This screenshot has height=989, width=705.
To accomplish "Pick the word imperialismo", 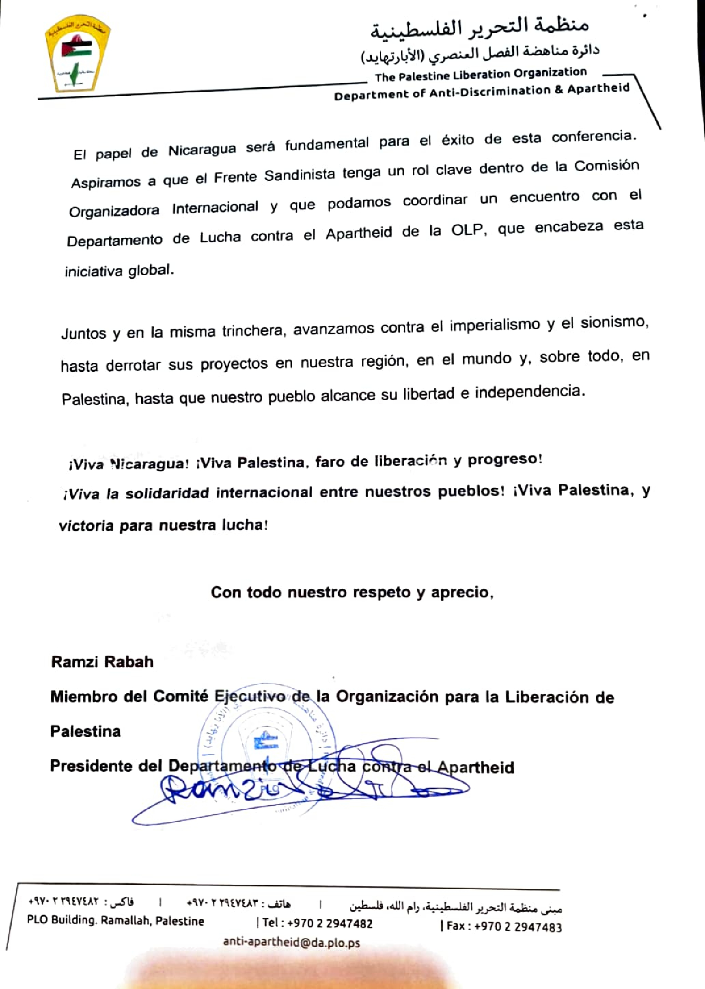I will pos(495,325).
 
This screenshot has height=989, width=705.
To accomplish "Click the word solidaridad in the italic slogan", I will pos(167,493).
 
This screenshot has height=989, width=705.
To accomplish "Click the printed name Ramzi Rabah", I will pos(102,662).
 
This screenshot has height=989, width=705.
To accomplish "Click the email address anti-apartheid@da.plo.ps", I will pos(291,942).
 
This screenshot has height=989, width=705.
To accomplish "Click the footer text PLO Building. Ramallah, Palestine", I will pos(116,920).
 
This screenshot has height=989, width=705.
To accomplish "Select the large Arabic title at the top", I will pos(479,26).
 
